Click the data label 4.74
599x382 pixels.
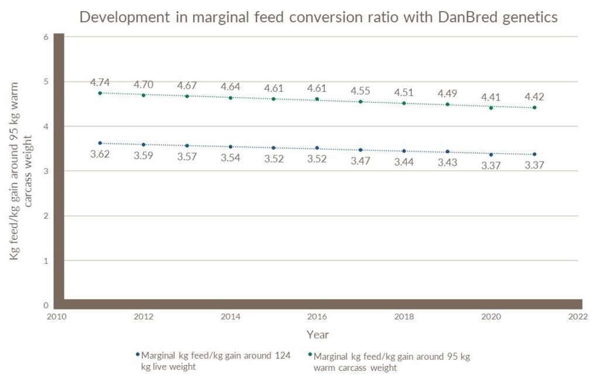(x=100, y=82)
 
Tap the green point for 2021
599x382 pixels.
(x=534, y=108)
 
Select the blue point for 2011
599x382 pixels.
(x=100, y=143)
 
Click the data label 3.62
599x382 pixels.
(x=100, y=155)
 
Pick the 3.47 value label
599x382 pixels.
(x=360, y=160)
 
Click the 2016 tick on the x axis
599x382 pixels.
(x=317, y=316)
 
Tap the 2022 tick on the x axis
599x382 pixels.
(x=577, y=316)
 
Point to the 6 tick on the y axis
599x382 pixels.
(x=45, y=37)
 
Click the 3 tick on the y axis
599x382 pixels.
(x=45, y=171)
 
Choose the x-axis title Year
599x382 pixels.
(x=317, y=335)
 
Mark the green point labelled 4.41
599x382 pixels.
(x=491, y=108)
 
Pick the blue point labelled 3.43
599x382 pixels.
(x=447, y=152)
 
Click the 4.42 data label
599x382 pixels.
(x=534, y=97)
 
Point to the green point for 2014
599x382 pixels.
(x=230, y=98)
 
